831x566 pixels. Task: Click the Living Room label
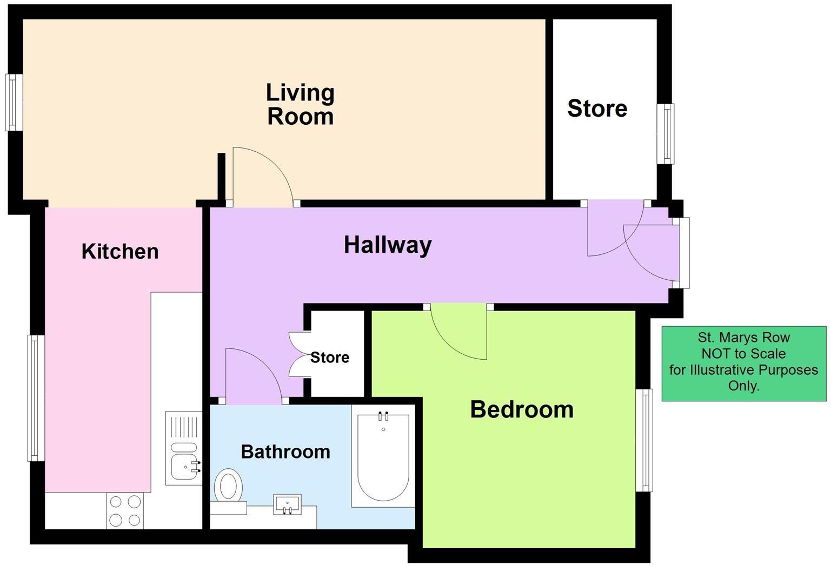[300, 105]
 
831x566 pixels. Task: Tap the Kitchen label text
[120, 251]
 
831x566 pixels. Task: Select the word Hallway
[388, 245]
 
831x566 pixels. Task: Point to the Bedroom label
[522, 409]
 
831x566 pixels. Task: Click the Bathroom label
[285, 452]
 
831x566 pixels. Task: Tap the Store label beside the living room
[597, 109]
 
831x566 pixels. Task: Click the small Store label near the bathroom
[330, 358]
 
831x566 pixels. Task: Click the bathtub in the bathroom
[383, 456]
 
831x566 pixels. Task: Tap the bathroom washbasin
[287, 504]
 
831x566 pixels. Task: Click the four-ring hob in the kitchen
[125, 511]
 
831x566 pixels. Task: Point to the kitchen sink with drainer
[183, 448]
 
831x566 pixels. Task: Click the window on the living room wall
[14, 102]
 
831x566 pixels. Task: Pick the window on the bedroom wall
[644, 440]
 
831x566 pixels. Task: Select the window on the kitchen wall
[36, 398]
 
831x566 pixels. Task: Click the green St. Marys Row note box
[743, 363]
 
